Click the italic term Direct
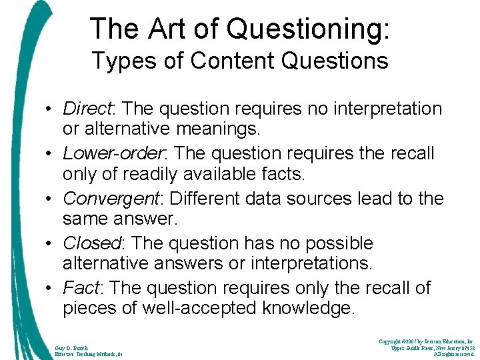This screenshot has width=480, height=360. (x=87, y=108)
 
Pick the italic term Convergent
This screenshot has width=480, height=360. (x=109, y=199)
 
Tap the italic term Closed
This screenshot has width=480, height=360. (x=91, y=243)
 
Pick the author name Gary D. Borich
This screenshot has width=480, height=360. (x=71, y=347)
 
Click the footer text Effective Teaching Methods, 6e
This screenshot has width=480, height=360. (x=87, y=355)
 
